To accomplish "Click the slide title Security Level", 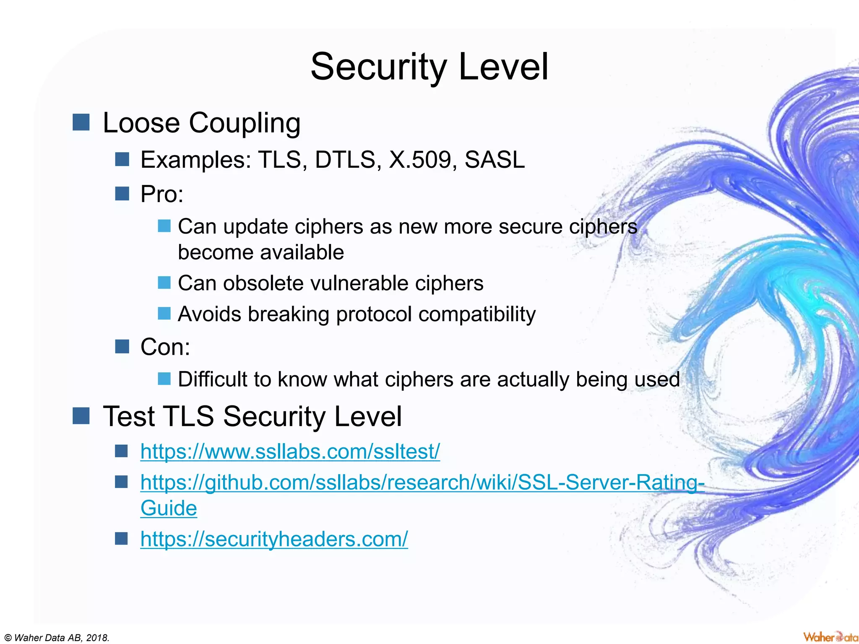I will (x=429, y=67).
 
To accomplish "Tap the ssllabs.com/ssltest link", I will (x=290, y=452).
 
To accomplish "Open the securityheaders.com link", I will (x=274, y=539).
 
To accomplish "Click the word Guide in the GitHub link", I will (x=169, y=509).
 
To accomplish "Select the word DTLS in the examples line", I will (x=345, y=160).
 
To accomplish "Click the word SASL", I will (x=495, y=160).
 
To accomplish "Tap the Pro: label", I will (x=162, y=194).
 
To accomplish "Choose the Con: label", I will (x=165, y=347).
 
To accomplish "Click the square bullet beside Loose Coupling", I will (x=81, y=122).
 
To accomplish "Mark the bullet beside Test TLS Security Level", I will (x=81, y=416).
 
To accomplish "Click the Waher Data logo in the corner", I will (x=830, y=636).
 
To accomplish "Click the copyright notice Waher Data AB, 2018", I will (x=56, y=638).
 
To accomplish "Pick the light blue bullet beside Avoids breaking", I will (x=164, y=314).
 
